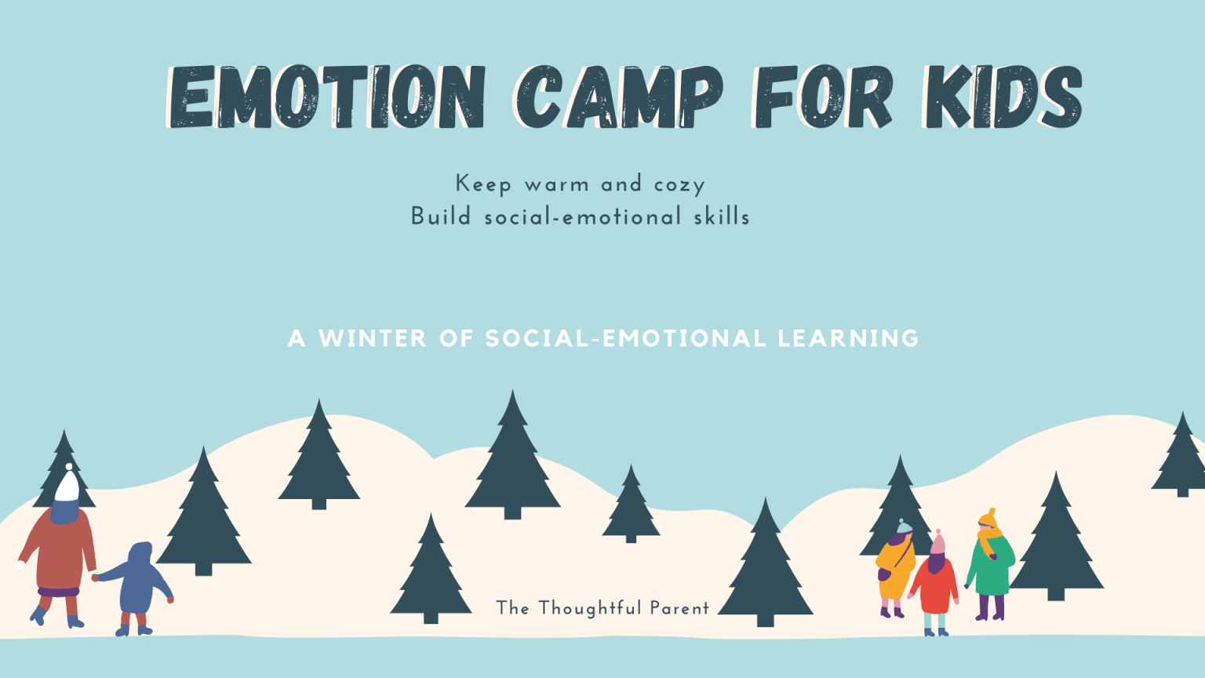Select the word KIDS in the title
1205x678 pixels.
pos(1003,97)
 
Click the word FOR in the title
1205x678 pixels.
pos(822,97)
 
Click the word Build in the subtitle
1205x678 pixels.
pos(441,217)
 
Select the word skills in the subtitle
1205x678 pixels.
pos(722,217)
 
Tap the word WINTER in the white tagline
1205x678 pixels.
pos(373,338)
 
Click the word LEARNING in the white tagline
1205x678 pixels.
pos(848,338)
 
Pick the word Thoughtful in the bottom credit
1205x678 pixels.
pos(590,608)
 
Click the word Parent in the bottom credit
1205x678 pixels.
pos(679,608)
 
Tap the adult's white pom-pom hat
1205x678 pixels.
pos(67,485)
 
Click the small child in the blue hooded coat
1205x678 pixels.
pos(139,585)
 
